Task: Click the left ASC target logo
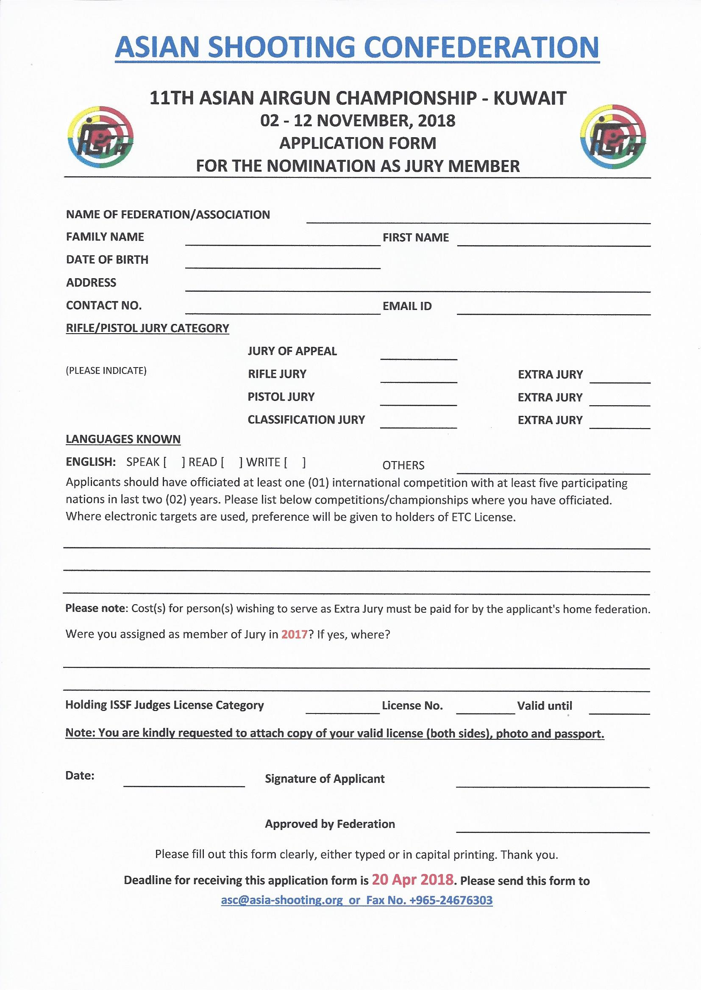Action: pyautogui.click(x=101, y=137)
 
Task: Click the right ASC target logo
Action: pyautogui.click(x=613, y=136)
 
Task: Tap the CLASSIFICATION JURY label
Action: pyautogui.click(x=306, y=420)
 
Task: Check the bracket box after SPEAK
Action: pyautogui.click(x=174, y=462)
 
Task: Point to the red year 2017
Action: pyautogui.click(x=294, y=634)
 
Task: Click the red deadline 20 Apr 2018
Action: pyautogui.click(x=412, y=879)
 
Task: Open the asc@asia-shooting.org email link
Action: pyautogui.click(x=282, y=900)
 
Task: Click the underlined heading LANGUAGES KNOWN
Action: pyautogui.click(x=123, y=439)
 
